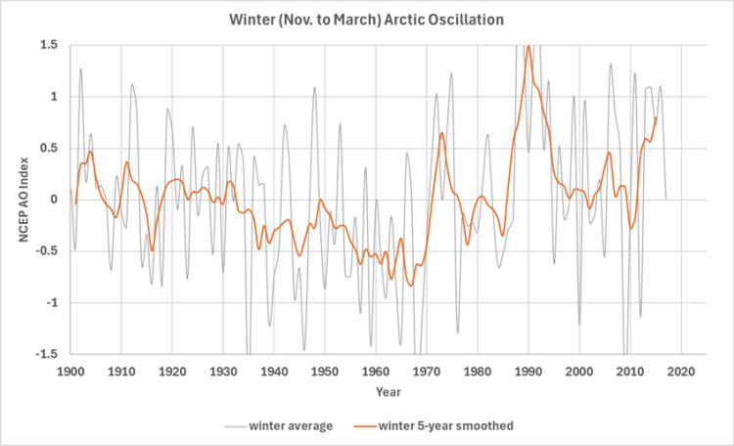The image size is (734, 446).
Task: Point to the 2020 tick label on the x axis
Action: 681,372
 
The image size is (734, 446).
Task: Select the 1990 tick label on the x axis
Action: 528,372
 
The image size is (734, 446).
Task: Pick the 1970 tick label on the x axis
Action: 427,372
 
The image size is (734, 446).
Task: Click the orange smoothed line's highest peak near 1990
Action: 528,46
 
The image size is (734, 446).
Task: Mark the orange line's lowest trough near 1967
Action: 412,286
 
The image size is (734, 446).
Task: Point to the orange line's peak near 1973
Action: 442,133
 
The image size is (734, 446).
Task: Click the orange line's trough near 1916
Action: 152,250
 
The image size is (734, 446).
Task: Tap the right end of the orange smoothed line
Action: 656,117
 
